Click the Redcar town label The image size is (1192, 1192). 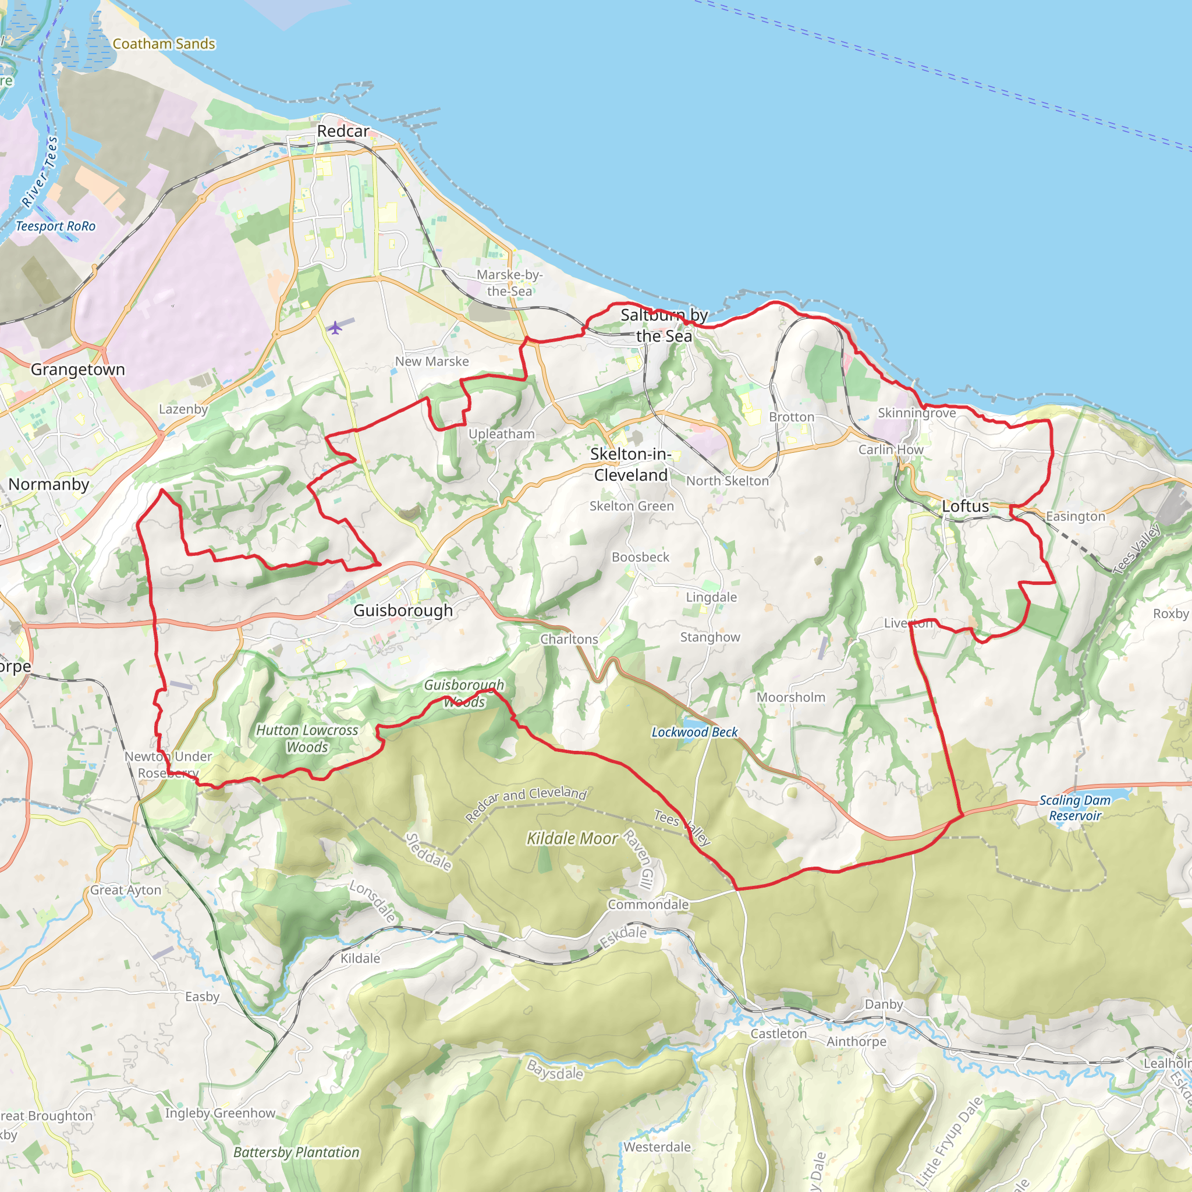click(343, 132)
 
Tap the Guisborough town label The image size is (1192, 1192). click(403, 610)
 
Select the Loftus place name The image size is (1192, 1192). click(965, 506)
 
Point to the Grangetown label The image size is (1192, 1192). click(78, 370)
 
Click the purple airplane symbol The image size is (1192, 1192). click(335, 327)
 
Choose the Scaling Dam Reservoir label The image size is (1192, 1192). click(1075, 808)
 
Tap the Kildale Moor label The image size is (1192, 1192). click(572, 839)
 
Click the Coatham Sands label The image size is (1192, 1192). click(164, 44)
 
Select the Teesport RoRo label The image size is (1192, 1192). click(55, 226)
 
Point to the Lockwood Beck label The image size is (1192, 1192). click(695, 732)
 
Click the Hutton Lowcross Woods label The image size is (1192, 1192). click(307, 739)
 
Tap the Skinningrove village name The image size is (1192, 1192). click(917, 413)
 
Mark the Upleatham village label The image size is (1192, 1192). click(502, 434)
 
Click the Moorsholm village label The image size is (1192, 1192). click(791, 697)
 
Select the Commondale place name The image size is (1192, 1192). click(648, 904)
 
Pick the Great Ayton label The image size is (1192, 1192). click(125, 890)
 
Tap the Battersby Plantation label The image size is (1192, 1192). click(296, 1152)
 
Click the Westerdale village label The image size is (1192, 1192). click(657, 1147)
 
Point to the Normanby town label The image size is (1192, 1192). click(49, 484)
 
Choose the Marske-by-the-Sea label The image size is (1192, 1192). click(510, 282)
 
